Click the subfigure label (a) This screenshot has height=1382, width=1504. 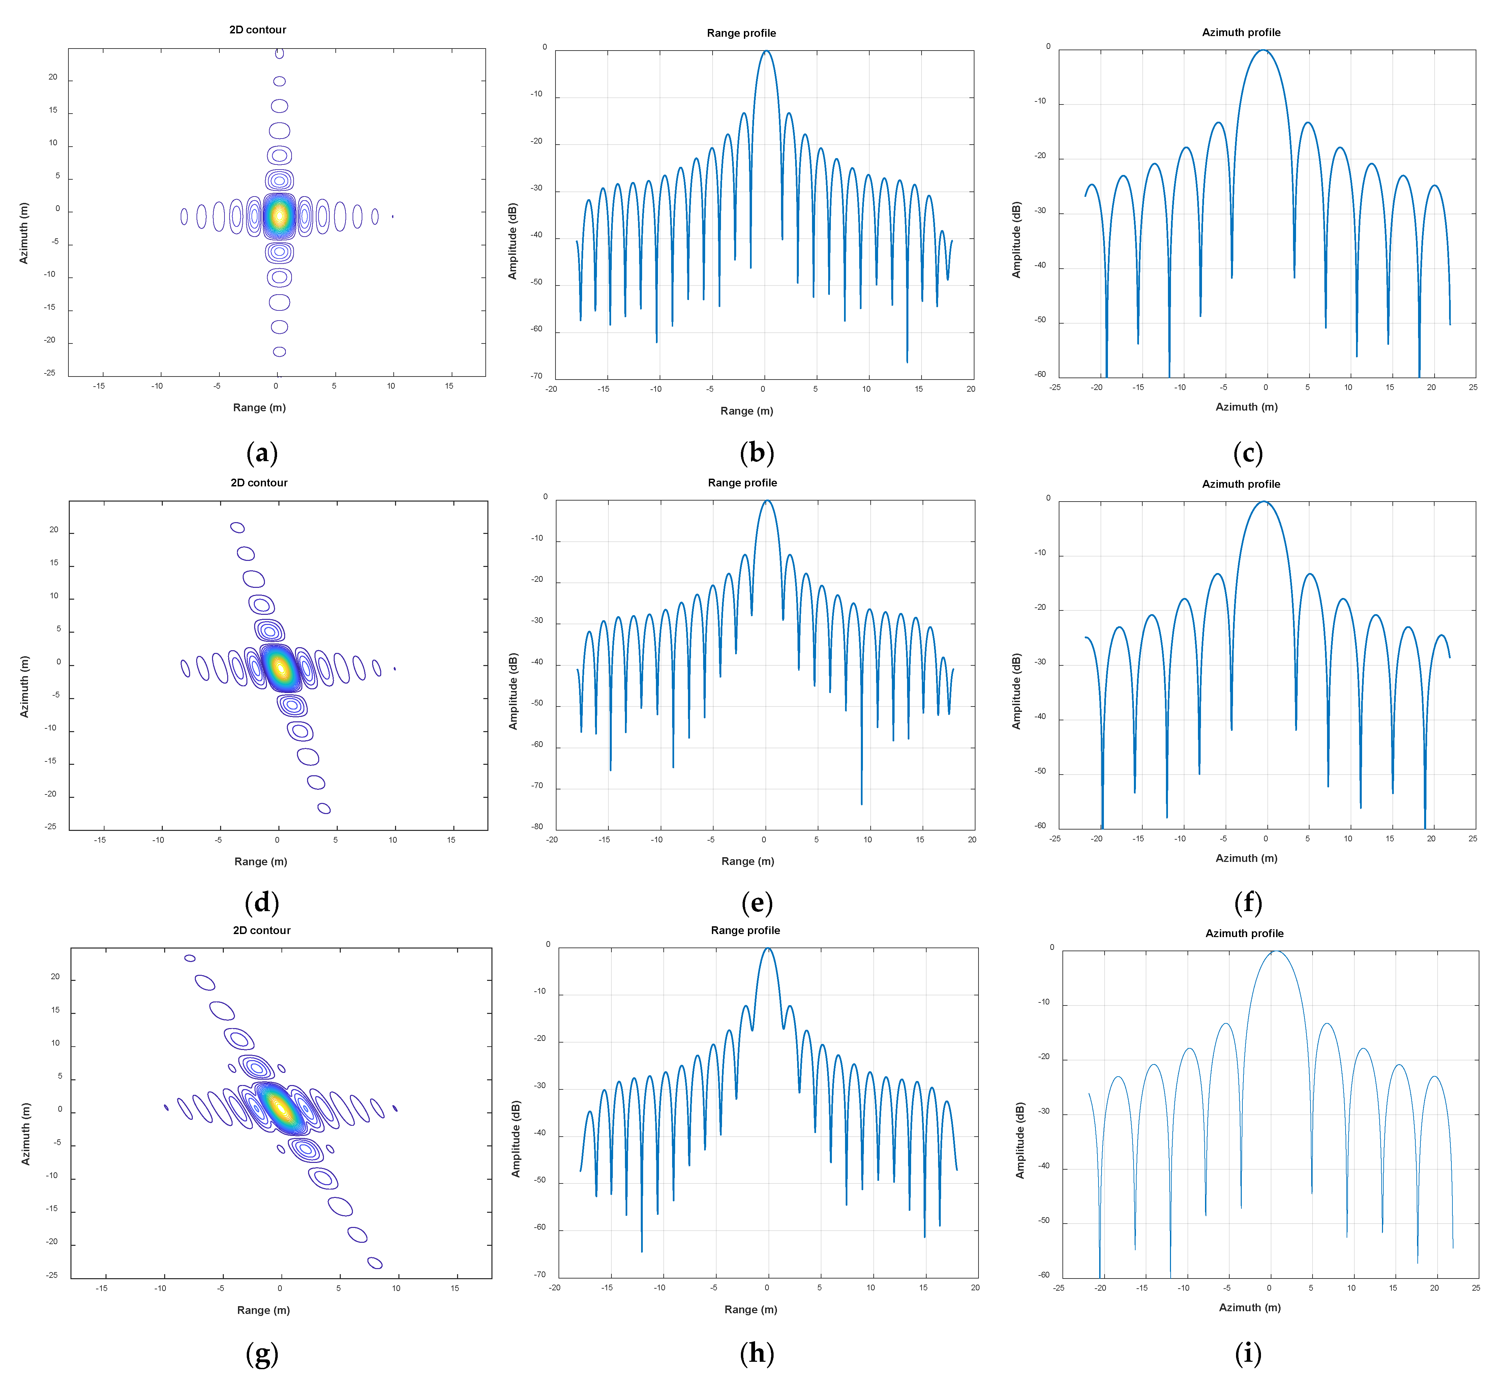point(262,453)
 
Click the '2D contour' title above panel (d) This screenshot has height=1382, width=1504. point(259,482)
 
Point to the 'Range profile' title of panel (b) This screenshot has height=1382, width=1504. point(741,33)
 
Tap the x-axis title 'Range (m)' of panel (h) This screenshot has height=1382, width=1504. point(751,1310)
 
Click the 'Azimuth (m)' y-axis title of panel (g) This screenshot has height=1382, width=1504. point(26,1134)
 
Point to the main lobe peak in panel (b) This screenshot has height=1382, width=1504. point(765,51)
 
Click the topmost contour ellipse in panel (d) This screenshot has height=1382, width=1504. point(237,527)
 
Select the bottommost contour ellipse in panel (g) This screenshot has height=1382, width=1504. point(375,1263)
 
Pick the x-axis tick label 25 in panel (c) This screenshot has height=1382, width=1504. point(1473,387)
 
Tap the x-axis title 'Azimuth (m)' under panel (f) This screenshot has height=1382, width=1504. point(1246,858)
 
